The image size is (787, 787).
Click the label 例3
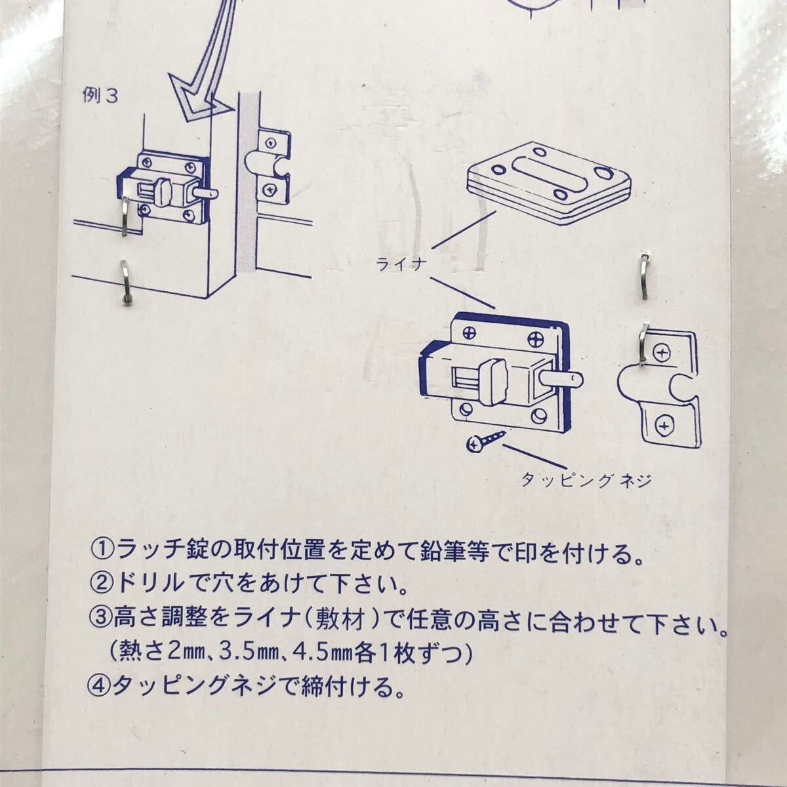[x=100, y=96]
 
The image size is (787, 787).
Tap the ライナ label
[x=401, y=265]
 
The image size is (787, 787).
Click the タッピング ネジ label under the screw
[x=585, y=481]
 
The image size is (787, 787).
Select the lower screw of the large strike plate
[x=666, y=427]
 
